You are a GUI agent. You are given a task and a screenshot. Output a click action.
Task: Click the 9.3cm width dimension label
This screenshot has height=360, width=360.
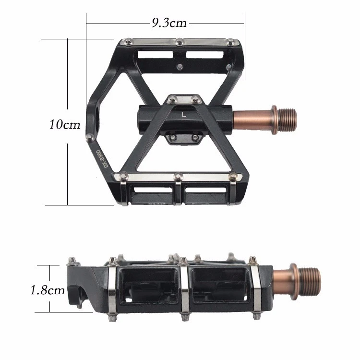point(169,23)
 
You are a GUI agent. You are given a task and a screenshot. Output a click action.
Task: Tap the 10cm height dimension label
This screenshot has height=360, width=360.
point(65,124)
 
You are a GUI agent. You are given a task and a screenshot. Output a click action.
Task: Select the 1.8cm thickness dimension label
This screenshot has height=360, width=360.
point(48,290)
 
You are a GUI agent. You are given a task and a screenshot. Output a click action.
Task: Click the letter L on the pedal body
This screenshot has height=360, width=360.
point(183,115)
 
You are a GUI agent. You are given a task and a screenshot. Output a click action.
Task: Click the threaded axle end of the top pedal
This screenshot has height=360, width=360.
point(288,120)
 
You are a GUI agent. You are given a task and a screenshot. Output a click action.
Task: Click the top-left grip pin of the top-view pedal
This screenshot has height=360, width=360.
point(128,42)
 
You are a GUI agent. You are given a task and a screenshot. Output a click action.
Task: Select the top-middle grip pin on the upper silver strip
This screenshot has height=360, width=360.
point(180,42)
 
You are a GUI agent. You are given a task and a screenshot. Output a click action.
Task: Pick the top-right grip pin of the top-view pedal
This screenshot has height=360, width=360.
point(231,42)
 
